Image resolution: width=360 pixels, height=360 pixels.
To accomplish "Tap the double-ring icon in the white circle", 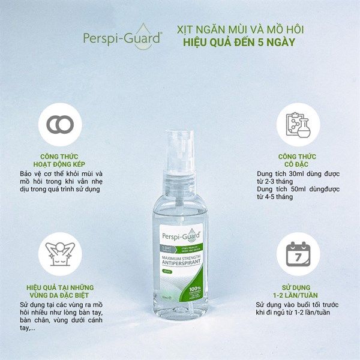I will coord(61,124).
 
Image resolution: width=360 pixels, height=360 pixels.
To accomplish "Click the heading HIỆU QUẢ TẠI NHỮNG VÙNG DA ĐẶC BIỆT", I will coord(61,292).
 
